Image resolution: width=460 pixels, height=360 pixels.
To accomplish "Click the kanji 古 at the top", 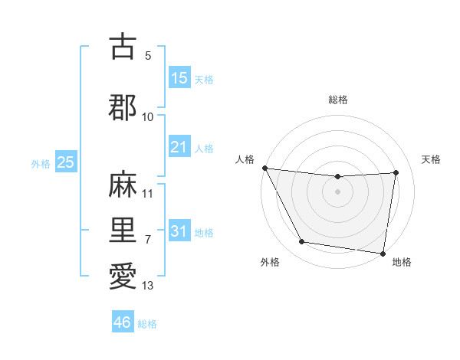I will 123,47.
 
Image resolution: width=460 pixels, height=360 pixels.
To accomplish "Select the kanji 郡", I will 123,107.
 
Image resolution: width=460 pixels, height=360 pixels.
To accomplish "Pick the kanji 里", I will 123,230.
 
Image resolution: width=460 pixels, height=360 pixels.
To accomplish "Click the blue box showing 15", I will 179,78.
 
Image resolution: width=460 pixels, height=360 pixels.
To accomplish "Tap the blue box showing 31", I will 179,232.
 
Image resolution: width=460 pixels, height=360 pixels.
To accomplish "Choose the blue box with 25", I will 65,162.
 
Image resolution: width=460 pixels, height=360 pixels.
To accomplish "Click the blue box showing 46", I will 123,322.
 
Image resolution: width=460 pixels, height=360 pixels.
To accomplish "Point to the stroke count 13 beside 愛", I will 148,286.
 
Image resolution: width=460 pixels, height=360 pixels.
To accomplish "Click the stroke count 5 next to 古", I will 148,56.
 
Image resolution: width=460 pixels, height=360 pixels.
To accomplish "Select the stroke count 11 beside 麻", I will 148,194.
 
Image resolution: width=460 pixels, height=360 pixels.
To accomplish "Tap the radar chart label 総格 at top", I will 338,100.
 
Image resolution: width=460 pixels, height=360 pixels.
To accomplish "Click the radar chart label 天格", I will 431,159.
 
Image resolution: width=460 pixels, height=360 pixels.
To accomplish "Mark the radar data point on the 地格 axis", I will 383,253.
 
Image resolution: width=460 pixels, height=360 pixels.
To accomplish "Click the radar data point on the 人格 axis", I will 265,168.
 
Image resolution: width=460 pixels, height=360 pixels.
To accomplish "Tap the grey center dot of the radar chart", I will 338,191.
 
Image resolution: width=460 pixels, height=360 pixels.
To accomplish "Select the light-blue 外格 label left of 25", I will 41,163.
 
